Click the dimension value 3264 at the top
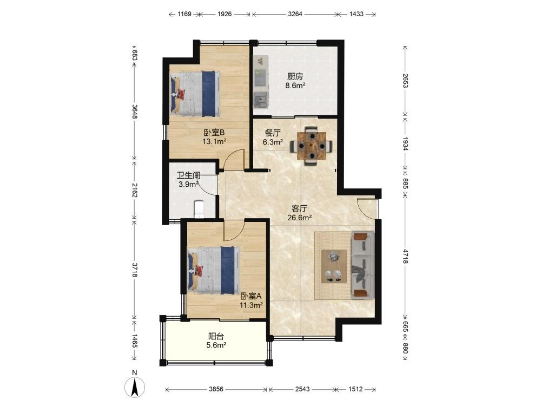295,14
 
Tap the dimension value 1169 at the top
184,14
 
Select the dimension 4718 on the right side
405,256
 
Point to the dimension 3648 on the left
135,112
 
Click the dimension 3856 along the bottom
216,389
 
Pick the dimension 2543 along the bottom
302,389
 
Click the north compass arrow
135,387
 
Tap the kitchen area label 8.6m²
295,86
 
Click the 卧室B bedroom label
214,132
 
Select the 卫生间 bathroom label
188,175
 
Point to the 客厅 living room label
300,208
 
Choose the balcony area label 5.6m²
216,344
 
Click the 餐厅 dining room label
273,133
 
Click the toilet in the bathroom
200,209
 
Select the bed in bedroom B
196,94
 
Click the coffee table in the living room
334,266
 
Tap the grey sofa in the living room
362,265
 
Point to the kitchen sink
260,100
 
